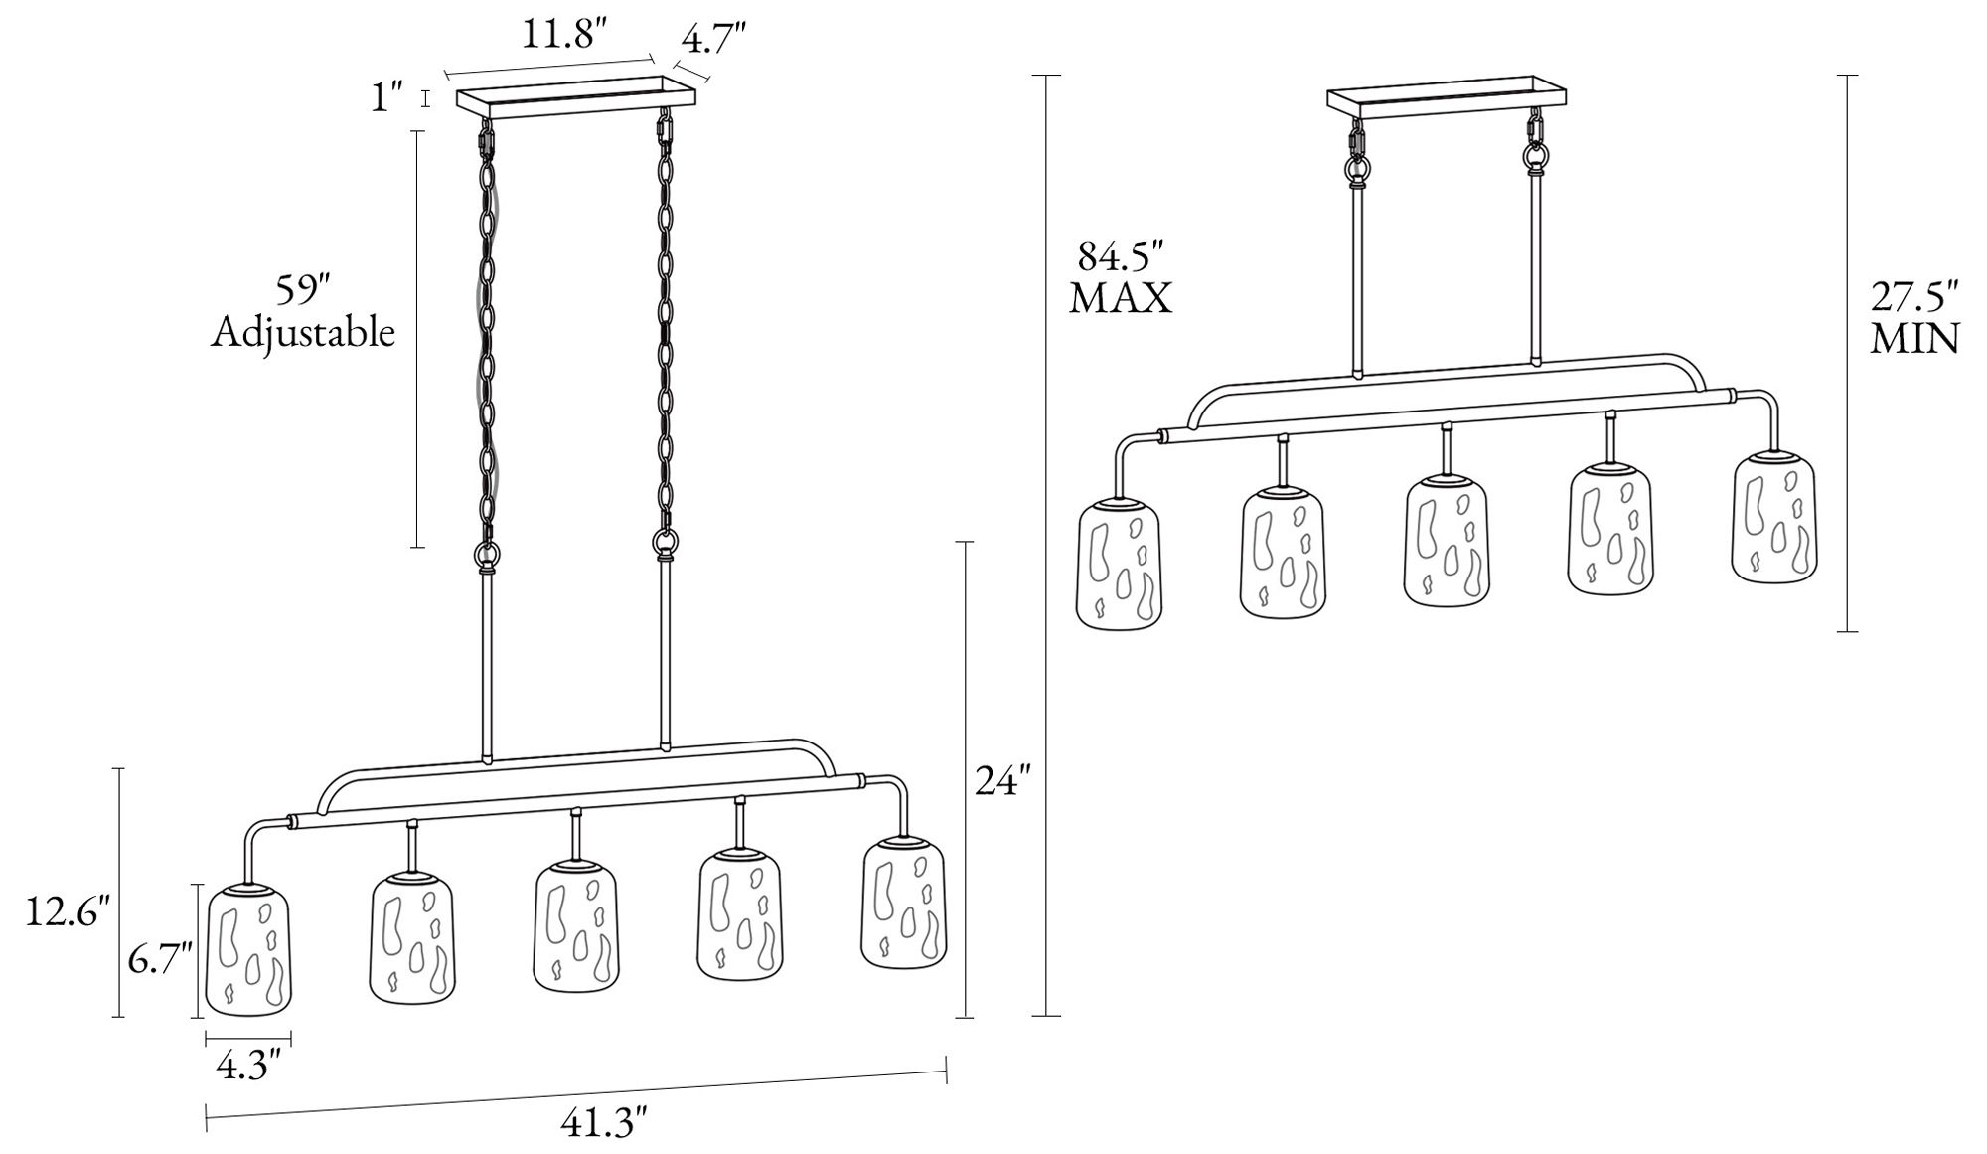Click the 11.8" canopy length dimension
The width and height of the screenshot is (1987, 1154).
pos(564,35)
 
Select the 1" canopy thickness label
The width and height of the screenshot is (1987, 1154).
pos(386,97)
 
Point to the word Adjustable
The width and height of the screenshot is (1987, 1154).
pos(303,333)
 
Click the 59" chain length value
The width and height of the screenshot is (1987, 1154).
pos(303,290)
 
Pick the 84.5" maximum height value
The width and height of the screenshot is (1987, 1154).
pos(1120,256)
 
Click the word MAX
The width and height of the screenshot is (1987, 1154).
pos(1121,298)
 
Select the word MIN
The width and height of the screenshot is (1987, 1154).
pos(1914,339)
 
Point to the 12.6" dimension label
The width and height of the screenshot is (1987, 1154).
pos(67,910)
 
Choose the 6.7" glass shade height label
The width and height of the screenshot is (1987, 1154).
pos(159,960)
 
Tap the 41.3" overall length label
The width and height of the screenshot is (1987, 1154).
pos(604,1123)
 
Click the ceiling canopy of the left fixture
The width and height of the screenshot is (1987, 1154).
pos(575,97)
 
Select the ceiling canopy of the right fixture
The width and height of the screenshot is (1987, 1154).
pos(1448,97)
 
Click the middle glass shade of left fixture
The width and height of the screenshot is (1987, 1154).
pos(577,928)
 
